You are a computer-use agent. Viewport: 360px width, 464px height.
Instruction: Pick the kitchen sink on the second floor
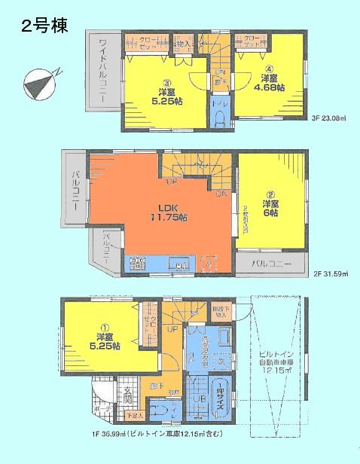pos(182,265)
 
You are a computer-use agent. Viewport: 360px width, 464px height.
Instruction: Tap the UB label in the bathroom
pos(200,400)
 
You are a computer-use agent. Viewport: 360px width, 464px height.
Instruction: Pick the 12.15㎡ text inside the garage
pos(282,370)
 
